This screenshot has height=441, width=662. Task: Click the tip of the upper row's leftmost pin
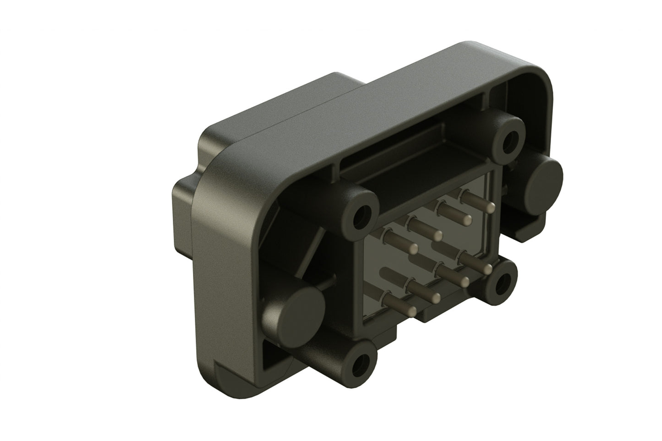tap(414, 249)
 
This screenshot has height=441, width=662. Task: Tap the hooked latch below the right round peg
tap(527, 224)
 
